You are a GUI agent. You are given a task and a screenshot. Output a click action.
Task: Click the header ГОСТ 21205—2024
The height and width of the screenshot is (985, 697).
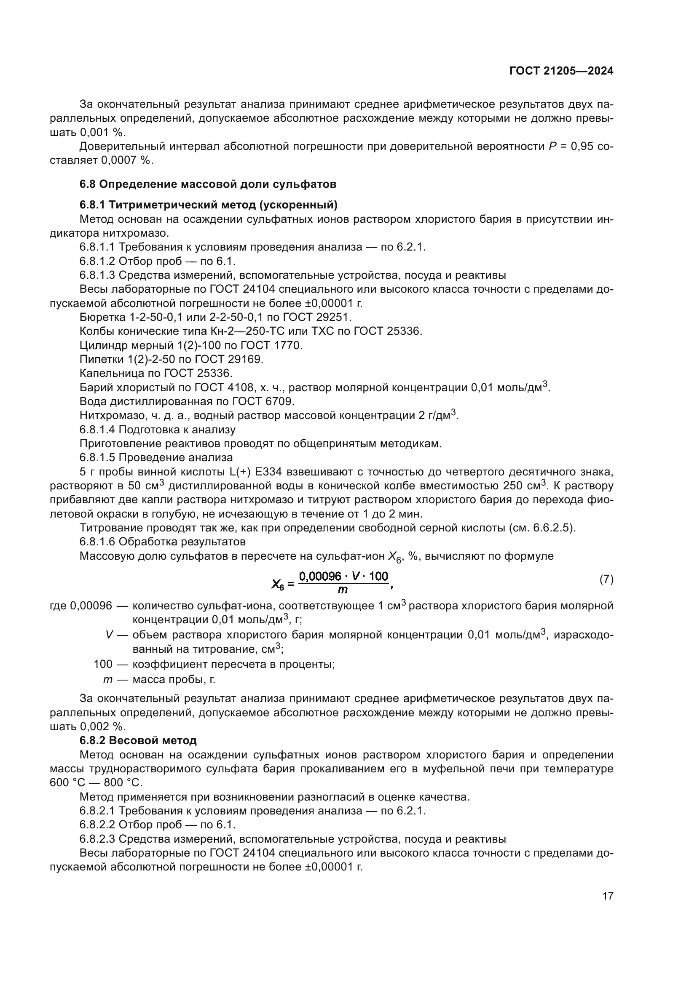point(561,71)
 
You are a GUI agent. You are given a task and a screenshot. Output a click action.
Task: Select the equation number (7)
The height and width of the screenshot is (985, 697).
point(606,579)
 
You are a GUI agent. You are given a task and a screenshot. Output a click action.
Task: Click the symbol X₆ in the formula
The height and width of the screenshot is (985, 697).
point(278,583)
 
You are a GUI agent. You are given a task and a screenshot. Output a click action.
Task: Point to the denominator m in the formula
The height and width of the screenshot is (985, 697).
point(343,590)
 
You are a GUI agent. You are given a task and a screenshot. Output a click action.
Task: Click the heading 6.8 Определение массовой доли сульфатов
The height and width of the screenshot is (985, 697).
point(208,184)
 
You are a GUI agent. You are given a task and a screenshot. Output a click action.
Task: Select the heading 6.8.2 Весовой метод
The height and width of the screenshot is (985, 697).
point(138,740)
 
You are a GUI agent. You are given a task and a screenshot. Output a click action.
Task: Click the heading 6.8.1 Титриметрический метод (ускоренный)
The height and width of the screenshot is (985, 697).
point(208,205)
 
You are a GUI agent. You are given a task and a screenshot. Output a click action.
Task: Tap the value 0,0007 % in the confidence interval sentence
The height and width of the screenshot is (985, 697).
point(126,160)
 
